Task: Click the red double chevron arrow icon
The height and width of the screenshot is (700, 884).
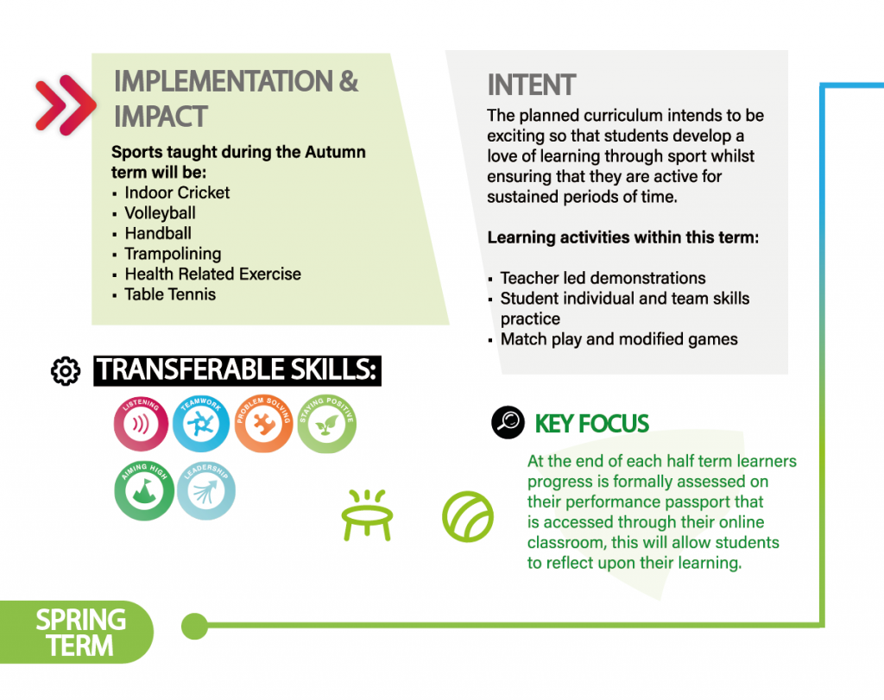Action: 65,104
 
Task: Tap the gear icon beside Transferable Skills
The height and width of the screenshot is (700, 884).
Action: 66,371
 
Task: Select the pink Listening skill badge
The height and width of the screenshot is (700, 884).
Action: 141,423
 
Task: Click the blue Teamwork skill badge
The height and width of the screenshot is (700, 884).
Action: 200,423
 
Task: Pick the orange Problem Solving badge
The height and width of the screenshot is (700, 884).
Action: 263,423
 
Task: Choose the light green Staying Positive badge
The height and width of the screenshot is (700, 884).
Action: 326,424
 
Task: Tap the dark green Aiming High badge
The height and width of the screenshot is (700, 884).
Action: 144,490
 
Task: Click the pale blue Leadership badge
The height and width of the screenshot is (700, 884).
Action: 205,490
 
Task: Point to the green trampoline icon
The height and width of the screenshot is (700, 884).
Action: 367,515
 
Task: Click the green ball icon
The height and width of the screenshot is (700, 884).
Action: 467,517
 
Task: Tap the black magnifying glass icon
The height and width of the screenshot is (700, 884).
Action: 508,422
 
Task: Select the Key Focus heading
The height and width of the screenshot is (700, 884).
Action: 591,424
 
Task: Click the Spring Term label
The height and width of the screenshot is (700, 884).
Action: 80,633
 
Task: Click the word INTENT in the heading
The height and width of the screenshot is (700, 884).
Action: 531,85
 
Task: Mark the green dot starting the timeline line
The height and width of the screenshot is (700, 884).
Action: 195,626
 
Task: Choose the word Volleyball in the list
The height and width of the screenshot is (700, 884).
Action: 160,213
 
